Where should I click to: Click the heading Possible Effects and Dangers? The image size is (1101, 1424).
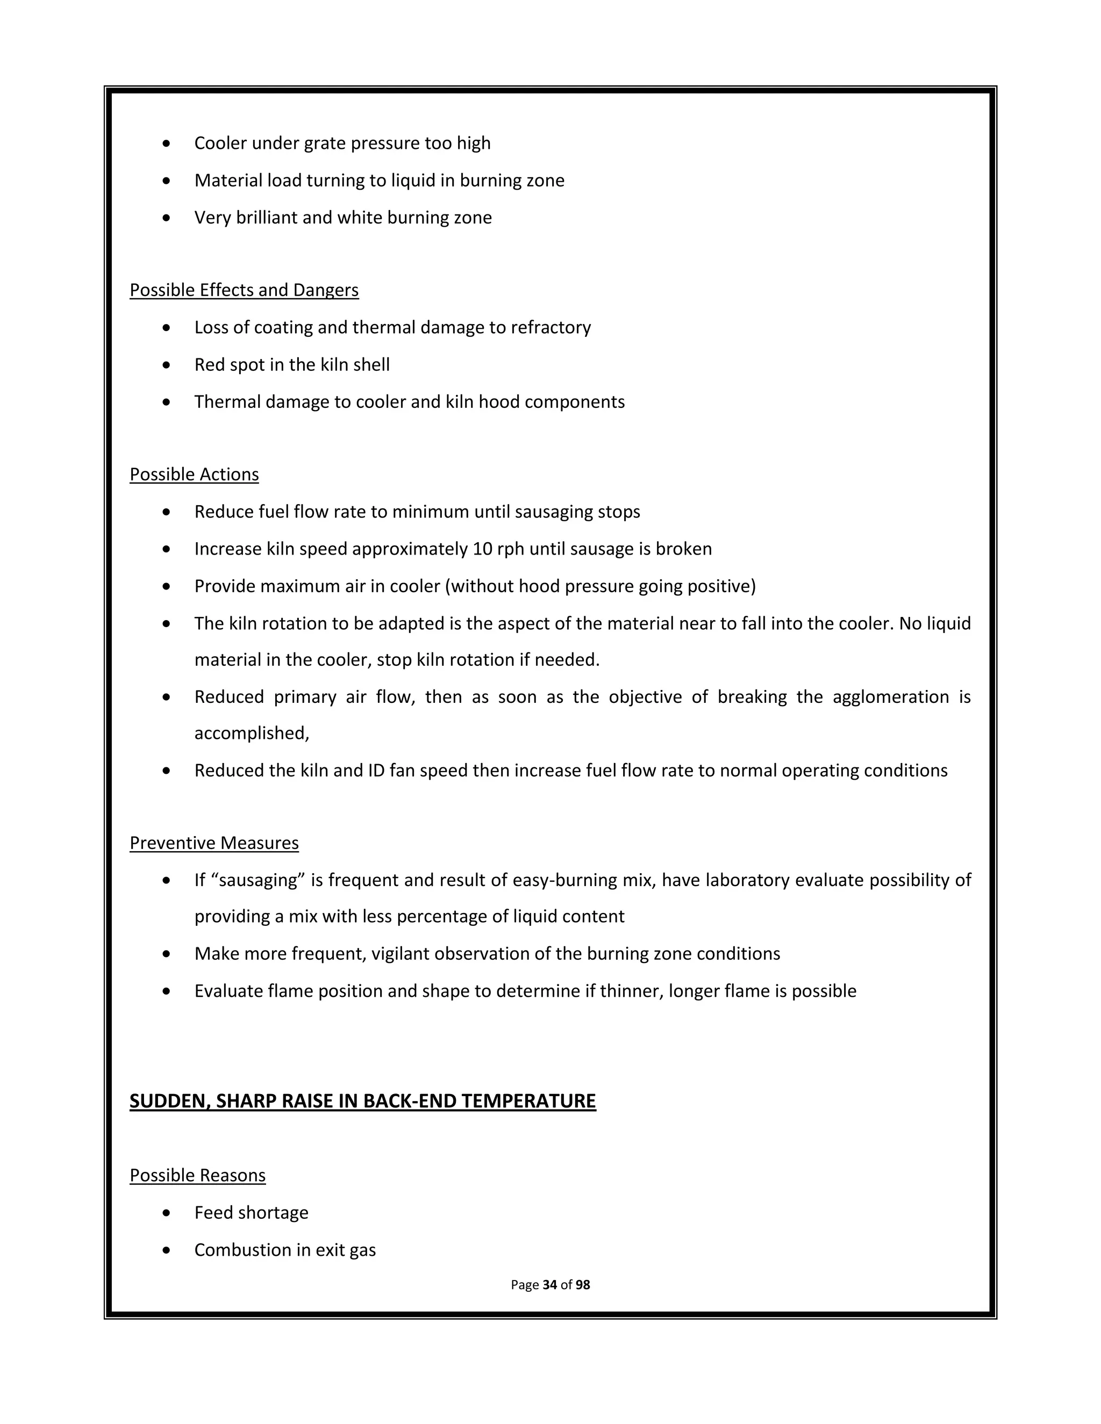tap(244, 290)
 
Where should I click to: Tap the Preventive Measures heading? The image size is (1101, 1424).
tap(214, 843)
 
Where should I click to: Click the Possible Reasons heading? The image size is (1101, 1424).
tap(198, 1176)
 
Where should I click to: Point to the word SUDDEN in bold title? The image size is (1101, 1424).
tap(169, 1101)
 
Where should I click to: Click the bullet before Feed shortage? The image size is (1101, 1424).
tap(167, 1213)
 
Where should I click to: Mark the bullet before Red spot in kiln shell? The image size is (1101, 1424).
tap(167, 365)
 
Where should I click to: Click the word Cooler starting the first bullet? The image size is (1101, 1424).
tap(220, 143)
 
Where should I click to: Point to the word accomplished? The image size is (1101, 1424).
tap(251, 733)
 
